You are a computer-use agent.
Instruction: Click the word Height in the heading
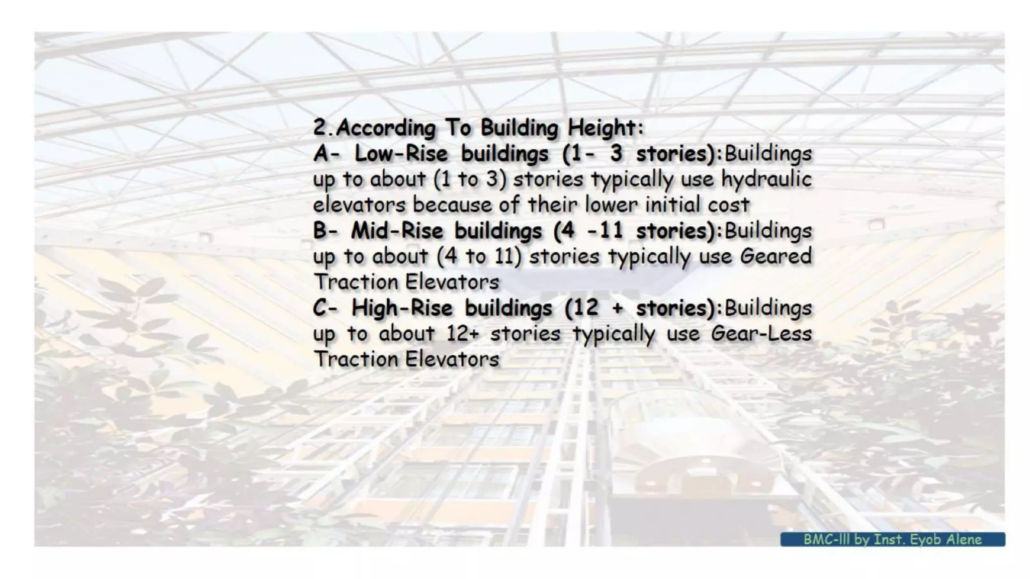click(x=605, y=128)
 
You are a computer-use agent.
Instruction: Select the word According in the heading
click(x=386, y=128)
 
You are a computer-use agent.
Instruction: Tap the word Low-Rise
click(x=401, y=153)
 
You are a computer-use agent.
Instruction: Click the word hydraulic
click(x=766, y=179)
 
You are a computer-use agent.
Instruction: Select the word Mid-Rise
click(x=397, y=231)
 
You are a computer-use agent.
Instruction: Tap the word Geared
click(x=776, y=256)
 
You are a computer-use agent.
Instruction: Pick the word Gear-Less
click(x=761, y=334)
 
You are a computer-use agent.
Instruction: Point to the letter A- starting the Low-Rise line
click(x=326, y=153)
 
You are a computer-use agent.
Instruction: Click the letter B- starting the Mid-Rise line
click(x=325, y=231)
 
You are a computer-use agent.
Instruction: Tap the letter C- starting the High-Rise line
click(x=325, y=308)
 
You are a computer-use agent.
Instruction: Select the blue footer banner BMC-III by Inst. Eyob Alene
click(x=892, y=539)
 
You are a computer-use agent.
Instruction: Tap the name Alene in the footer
click(x=964, y=539)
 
